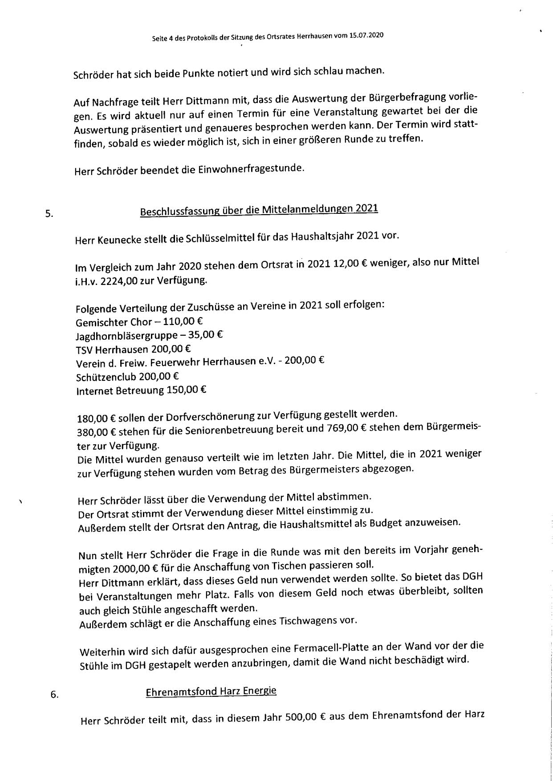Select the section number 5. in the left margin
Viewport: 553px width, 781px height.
pos(49,214)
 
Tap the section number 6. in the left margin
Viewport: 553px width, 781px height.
pos(54,694)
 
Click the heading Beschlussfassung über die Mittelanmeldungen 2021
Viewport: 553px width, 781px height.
pos(259,209)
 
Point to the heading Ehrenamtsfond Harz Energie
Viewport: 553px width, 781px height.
pos(211,691)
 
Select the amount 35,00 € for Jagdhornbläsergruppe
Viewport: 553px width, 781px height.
pos(206,334)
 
